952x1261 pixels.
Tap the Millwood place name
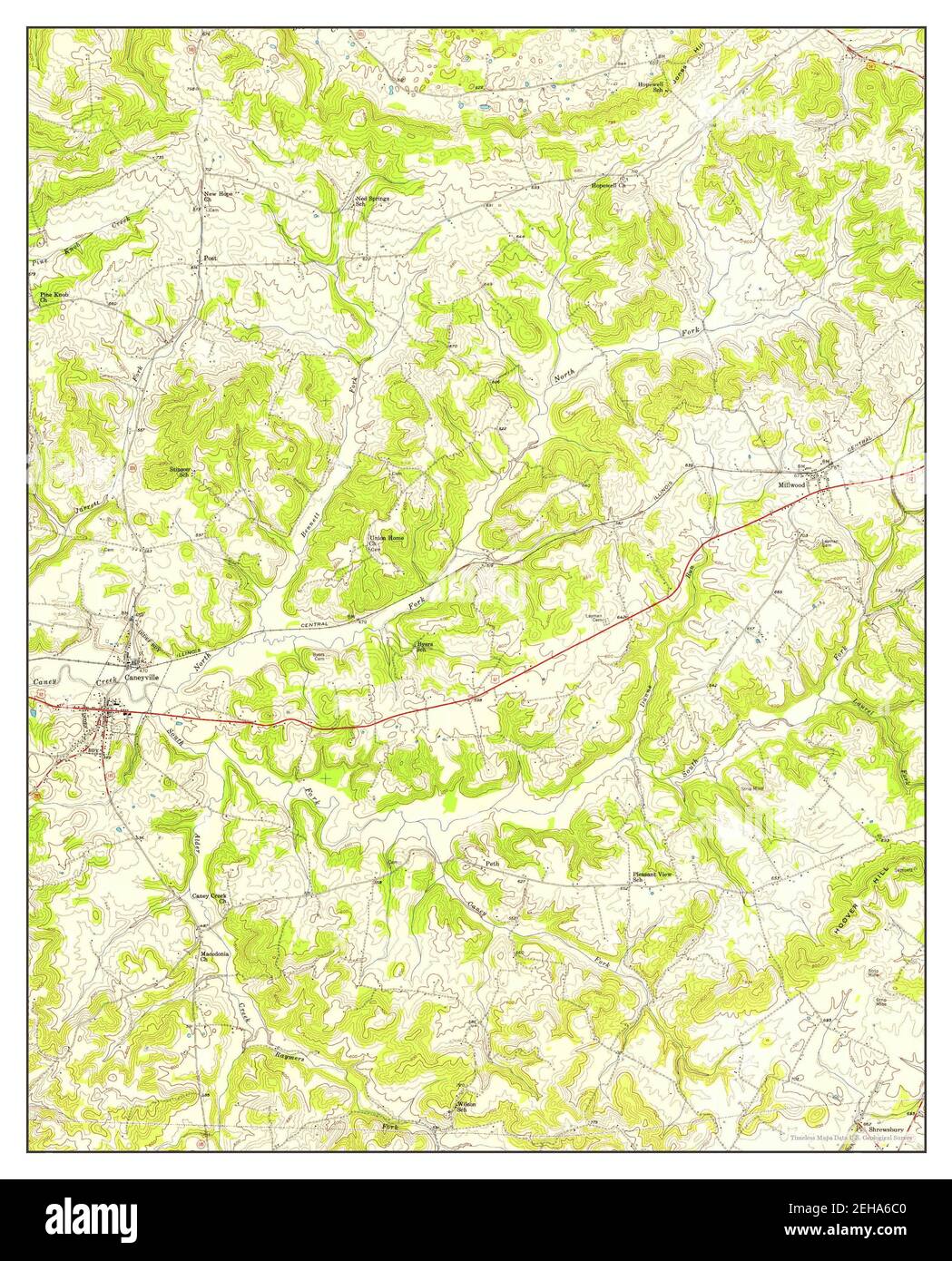pyautogui.click(x=791, y=485)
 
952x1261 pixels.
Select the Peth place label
pyautogui.click(x=493, y=864)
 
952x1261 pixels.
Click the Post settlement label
pyautogui.click(x=210, y=259)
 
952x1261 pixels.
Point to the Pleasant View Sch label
pyautogui.click(x=652, y=876)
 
